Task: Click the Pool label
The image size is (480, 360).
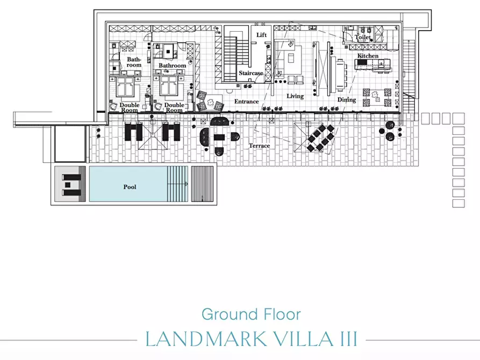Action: (x=130, y=187)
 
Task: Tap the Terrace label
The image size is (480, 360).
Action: (x=259, y=146)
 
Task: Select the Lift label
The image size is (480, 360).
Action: (x=261, y=35)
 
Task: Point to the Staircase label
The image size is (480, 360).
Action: (x=250, y=73)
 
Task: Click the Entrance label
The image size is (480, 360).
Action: (x=246, y=102)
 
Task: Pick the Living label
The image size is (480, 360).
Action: (x=295, y=96)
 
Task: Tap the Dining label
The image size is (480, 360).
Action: (x=347, y=100)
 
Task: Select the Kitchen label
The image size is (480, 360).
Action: (x=368, y=56)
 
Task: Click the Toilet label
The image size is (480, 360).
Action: (x=362, y=37)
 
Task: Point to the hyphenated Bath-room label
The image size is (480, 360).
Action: (x=134, y=62)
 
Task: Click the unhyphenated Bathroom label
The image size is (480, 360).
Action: (x=173, y=66)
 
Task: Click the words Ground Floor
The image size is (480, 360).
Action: (x=252, y=314)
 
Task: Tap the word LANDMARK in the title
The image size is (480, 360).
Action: (x=206, y=339)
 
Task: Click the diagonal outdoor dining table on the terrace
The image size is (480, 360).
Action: (x=320, y=138)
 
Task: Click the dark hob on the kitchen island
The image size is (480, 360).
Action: (x=362, y=62)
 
